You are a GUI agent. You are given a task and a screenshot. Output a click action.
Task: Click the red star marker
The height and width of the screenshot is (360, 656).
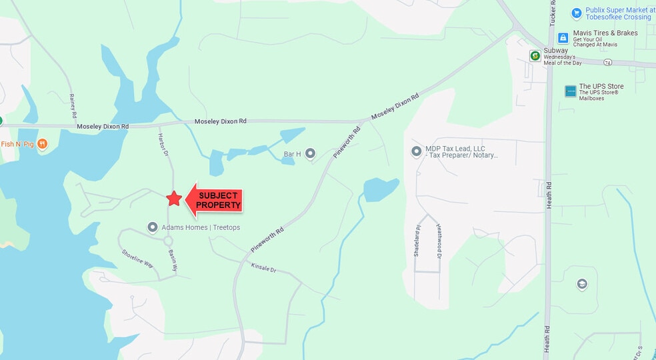pos(174,198)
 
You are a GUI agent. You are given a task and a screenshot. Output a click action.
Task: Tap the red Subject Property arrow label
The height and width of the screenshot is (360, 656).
pos(215,200)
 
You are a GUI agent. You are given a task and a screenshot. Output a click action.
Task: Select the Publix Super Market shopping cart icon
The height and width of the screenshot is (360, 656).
pos(576,13)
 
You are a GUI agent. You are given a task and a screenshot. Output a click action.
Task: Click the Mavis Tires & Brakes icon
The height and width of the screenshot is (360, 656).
pos(563,38)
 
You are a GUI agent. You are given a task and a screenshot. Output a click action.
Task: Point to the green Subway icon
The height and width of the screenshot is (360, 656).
pos(535,56)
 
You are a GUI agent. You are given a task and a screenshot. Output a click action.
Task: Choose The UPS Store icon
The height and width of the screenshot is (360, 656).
pos(570,91)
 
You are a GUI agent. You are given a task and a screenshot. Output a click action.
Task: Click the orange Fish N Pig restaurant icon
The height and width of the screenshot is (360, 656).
pos(43,144)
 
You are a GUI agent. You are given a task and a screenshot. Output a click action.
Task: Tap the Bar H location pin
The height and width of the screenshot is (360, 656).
pos(310,154)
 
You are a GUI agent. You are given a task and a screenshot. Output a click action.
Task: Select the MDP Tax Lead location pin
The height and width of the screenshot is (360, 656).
pos(417,151)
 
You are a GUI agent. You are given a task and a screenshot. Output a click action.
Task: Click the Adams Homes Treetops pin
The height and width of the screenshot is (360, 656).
pos(153,227)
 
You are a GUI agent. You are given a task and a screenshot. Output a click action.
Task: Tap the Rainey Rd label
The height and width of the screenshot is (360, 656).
pos(73,106)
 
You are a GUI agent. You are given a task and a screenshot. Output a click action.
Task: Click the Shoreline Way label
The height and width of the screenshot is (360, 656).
pos(137,259)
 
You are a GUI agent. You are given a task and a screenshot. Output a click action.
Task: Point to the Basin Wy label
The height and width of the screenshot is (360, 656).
pos(172,260)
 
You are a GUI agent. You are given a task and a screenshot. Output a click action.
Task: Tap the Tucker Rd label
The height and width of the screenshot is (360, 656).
pos(553,27)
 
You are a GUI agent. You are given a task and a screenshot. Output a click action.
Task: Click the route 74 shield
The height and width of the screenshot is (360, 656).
pos(607,62)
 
